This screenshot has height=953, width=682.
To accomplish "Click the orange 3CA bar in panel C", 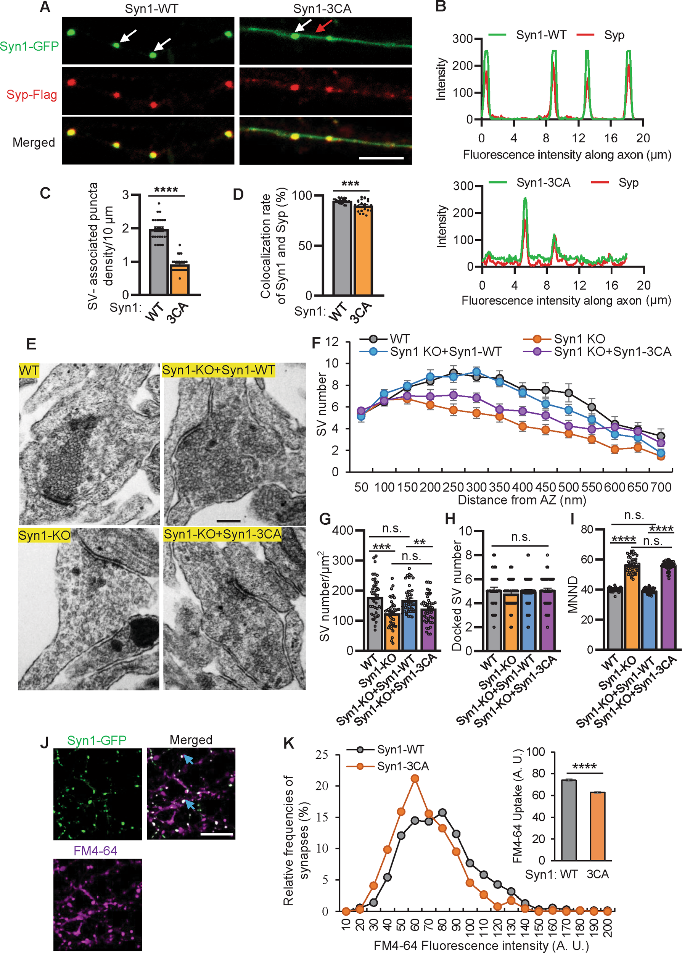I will click(x=180, y=279).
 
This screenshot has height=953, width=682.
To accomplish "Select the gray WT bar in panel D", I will click(x=342, y=248).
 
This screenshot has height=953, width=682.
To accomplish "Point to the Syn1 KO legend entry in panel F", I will click(x=579, y=339).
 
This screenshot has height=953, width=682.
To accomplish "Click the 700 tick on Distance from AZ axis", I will click(x=661, y=487).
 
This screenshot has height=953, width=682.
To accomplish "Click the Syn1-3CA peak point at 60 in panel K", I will click(x=415, y=779).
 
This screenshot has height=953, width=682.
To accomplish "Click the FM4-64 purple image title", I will click(x=95, y=851).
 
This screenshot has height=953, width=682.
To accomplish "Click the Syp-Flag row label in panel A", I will click(x=32, y=95).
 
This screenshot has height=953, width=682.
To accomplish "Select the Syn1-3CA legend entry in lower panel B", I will click(x=543, y=183).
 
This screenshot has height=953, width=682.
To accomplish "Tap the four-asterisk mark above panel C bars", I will click(x=166, y=190).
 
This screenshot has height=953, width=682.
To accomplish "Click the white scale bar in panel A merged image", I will click(x=381, y=158).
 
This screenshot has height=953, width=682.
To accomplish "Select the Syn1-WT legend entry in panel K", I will click(x=400, y=750).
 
